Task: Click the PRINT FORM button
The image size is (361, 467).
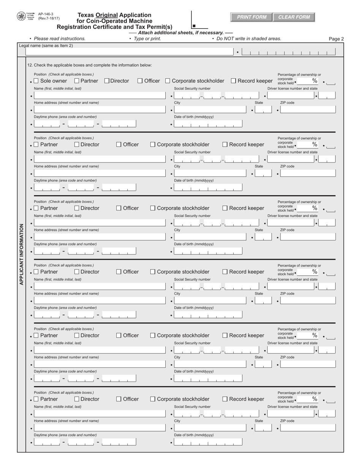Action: click(x=251, y=17)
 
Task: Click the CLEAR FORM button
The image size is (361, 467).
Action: click(x=294, y=17)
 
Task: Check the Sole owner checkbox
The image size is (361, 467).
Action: click(x=36, y=81)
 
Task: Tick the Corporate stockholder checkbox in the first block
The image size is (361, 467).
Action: click(x=168, y=81)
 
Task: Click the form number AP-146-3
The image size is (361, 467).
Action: click(x=46, y=14)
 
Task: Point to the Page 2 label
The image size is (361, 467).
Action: click(x=336, y=39)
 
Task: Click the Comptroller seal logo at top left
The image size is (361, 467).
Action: click(x=21, y=16)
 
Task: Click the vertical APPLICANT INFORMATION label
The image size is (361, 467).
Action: click(x=21, y=254)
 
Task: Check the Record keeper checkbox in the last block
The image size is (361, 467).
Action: click(x=225, y=399)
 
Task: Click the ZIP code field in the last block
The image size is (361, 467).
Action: click(x=308, y=428)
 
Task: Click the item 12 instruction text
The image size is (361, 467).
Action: click(x=90, y=65)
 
